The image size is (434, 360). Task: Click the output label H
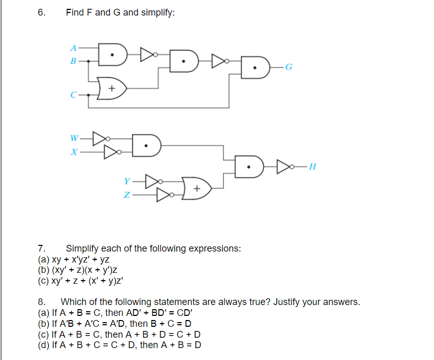point(312,167)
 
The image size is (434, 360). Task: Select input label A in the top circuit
point(73,47)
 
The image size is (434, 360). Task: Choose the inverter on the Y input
point(153,182)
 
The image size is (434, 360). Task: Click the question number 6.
point(41,12)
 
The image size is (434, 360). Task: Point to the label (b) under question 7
point(44,270)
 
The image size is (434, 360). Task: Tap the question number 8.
point(41,302)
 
